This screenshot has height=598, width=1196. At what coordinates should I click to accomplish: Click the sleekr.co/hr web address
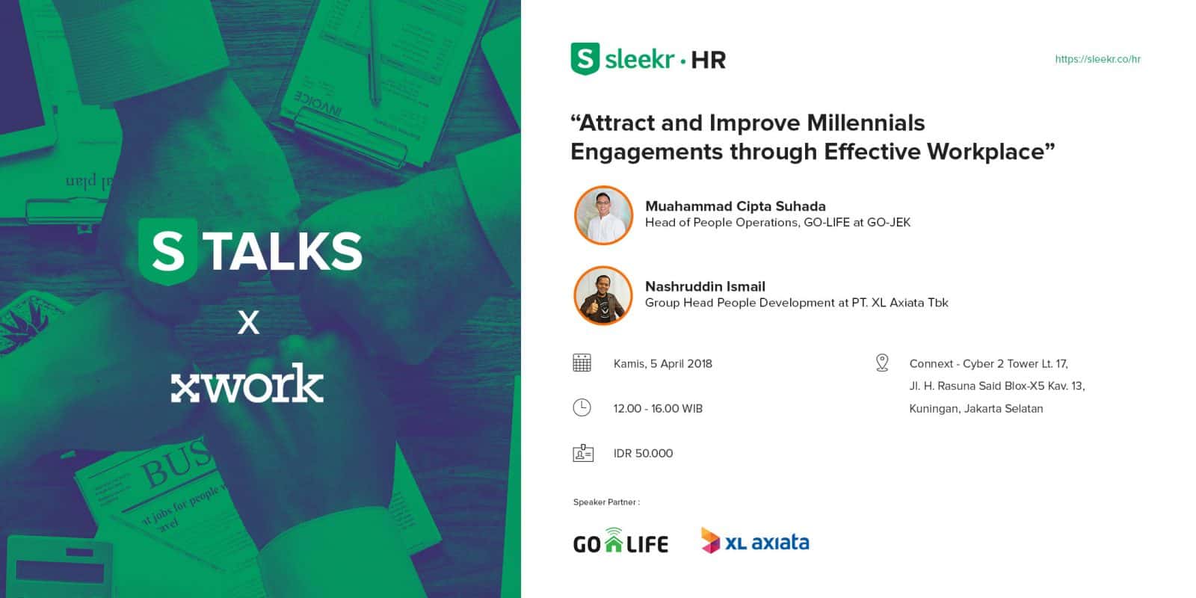[1098, 59]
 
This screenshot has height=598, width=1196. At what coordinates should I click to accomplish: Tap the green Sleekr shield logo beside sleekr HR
[585, 59]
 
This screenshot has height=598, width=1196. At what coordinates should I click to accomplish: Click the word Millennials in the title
[866, 123]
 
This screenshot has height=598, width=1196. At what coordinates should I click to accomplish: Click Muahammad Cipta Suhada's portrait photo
[603, 215]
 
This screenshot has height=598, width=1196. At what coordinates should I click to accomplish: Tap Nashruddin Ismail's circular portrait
[603, 295]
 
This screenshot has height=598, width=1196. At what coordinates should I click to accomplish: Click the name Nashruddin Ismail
[706, 287]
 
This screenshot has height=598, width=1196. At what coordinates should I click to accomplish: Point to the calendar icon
[582, 363]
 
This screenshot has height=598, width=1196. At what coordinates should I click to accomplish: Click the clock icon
[582, 407]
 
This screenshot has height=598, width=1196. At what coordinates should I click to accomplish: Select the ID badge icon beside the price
[583, 453]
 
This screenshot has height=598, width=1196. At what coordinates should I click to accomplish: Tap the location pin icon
[882, 363]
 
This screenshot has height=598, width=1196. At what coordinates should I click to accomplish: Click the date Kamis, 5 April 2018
[662, 363]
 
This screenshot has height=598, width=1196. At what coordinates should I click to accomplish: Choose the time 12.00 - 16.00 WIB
[658, 408]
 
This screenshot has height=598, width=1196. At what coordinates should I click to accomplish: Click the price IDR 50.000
[643, 453]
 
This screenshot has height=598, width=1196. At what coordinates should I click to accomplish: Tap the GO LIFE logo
[620, 540]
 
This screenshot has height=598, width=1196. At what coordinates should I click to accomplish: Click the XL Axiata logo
[755, 540]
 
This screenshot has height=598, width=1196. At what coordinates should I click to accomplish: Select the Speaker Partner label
[606, 502]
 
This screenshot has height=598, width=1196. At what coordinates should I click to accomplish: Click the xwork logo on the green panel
[247, 383]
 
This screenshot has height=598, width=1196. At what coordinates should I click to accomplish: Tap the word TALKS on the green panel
[284, 251]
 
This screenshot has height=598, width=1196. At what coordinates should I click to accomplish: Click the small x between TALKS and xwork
[248, 322]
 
